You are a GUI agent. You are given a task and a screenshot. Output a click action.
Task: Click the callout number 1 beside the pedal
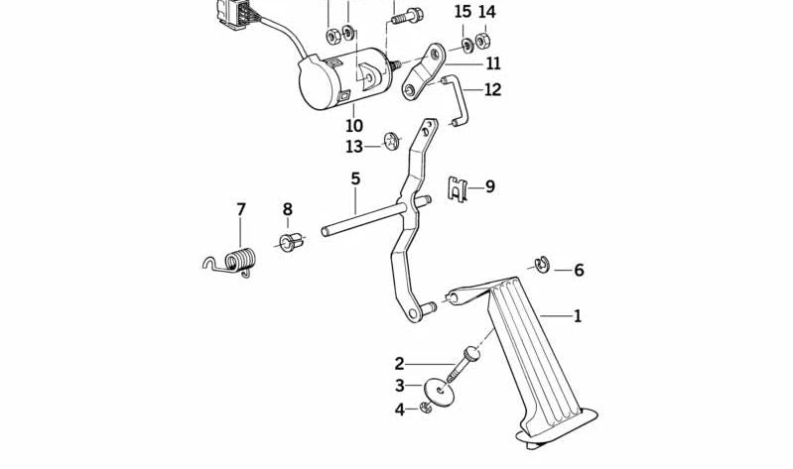(x=577, y=316)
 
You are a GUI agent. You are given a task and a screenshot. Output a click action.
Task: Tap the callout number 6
(x=579, y=271)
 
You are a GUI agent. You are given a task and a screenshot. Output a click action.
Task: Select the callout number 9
(x=489, y=187)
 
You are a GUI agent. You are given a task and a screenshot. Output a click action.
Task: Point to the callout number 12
(x=492, y=90)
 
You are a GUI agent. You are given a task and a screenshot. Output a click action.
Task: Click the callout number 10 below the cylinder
(x=354, y=125)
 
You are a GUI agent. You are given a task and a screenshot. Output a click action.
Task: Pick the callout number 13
(x=354, y=147)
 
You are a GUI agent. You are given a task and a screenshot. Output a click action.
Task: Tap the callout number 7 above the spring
(x=241, y=209)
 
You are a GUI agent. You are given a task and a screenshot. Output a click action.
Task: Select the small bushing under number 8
(x=291, y=242)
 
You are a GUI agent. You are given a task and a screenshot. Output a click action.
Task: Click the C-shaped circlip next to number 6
(x=542, y=265)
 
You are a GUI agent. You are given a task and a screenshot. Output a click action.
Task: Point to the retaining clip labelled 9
(x=458, y=189)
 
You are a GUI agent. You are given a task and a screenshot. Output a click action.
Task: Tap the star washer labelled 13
(x=392, y=141)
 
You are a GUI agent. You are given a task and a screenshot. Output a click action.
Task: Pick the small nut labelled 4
(x=426, y=407)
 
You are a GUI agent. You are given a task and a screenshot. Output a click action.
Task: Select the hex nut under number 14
(x=482, y=41)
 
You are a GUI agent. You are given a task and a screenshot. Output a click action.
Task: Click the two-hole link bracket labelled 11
(x=424, y=72)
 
